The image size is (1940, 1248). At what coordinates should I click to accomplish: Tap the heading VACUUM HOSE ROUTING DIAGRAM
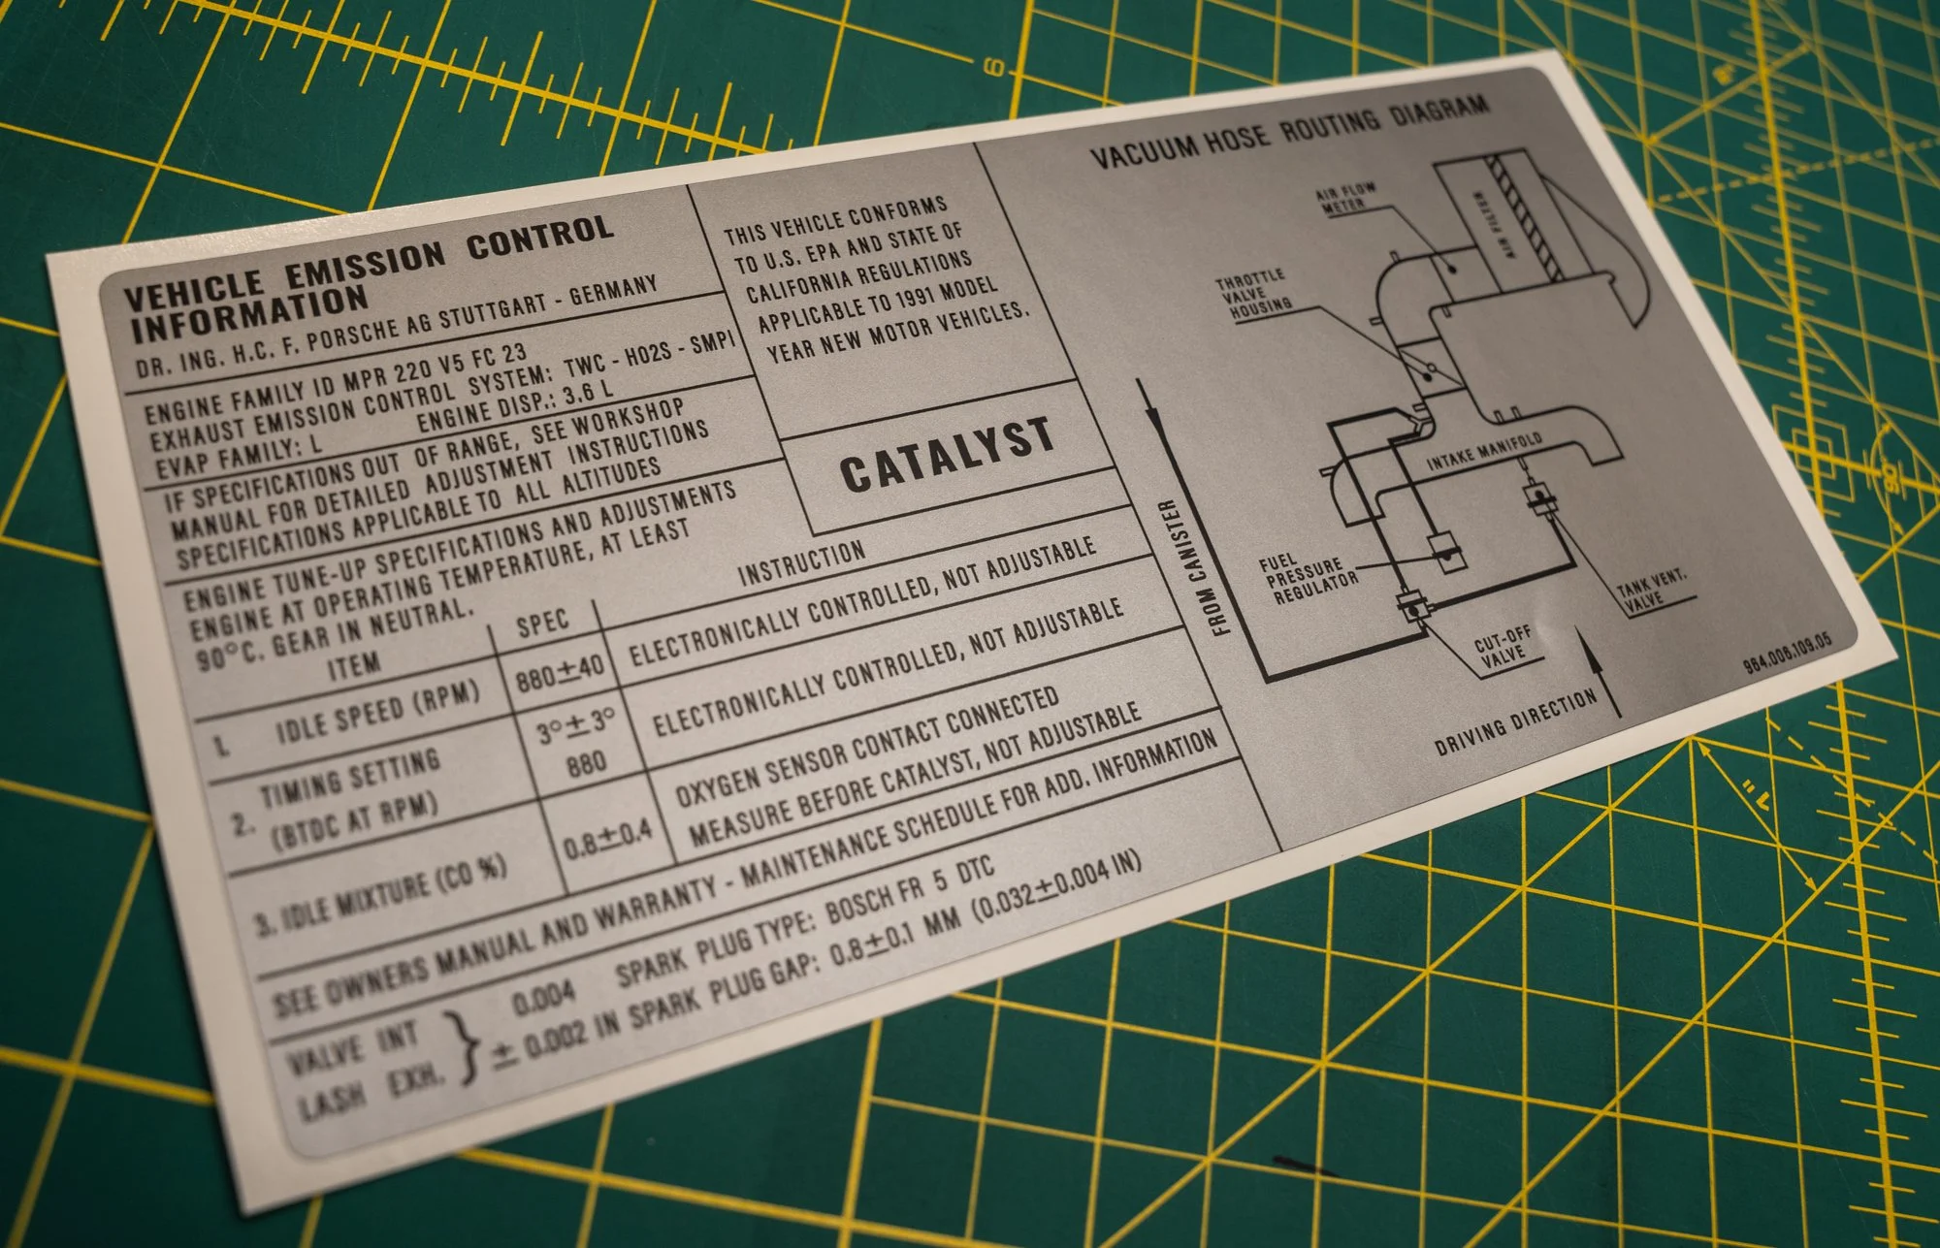(x=1290, y=132)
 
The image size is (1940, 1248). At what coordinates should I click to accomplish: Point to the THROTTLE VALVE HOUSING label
(x=1255, y=294)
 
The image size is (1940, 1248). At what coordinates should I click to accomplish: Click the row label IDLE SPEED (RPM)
(x=378, y=711)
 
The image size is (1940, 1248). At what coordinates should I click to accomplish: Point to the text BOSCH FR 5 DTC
(x=909, y=888)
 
